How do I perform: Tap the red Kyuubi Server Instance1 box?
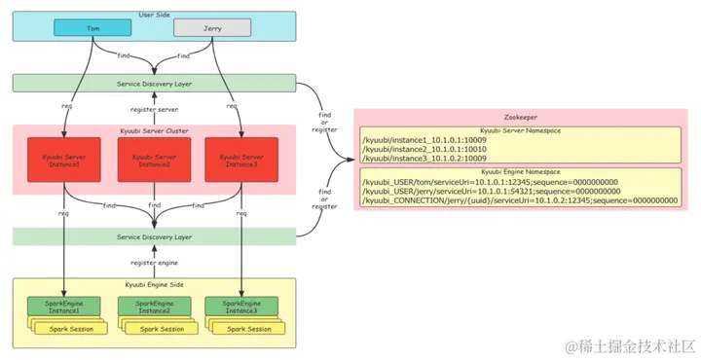pos(64,162)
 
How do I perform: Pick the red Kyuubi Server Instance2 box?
pos(153,162)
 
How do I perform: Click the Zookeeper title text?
pos(517,115)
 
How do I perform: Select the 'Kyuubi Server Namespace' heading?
pos(517,129)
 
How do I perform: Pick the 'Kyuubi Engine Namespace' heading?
pos(517,171)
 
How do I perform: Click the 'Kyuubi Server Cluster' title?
pos(153,129)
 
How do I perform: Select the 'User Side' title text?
pos(153,17)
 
